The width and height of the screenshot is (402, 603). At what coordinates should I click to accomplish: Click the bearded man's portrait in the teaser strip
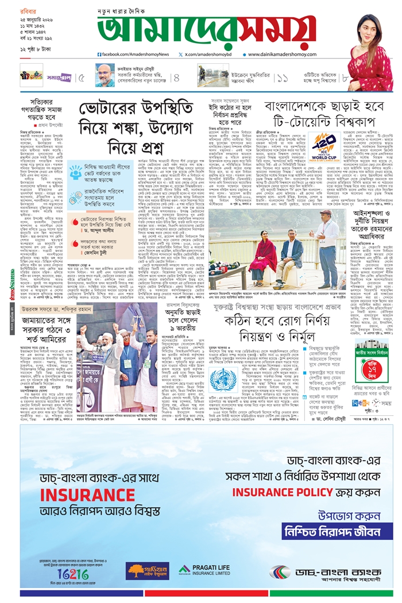(105, 75)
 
